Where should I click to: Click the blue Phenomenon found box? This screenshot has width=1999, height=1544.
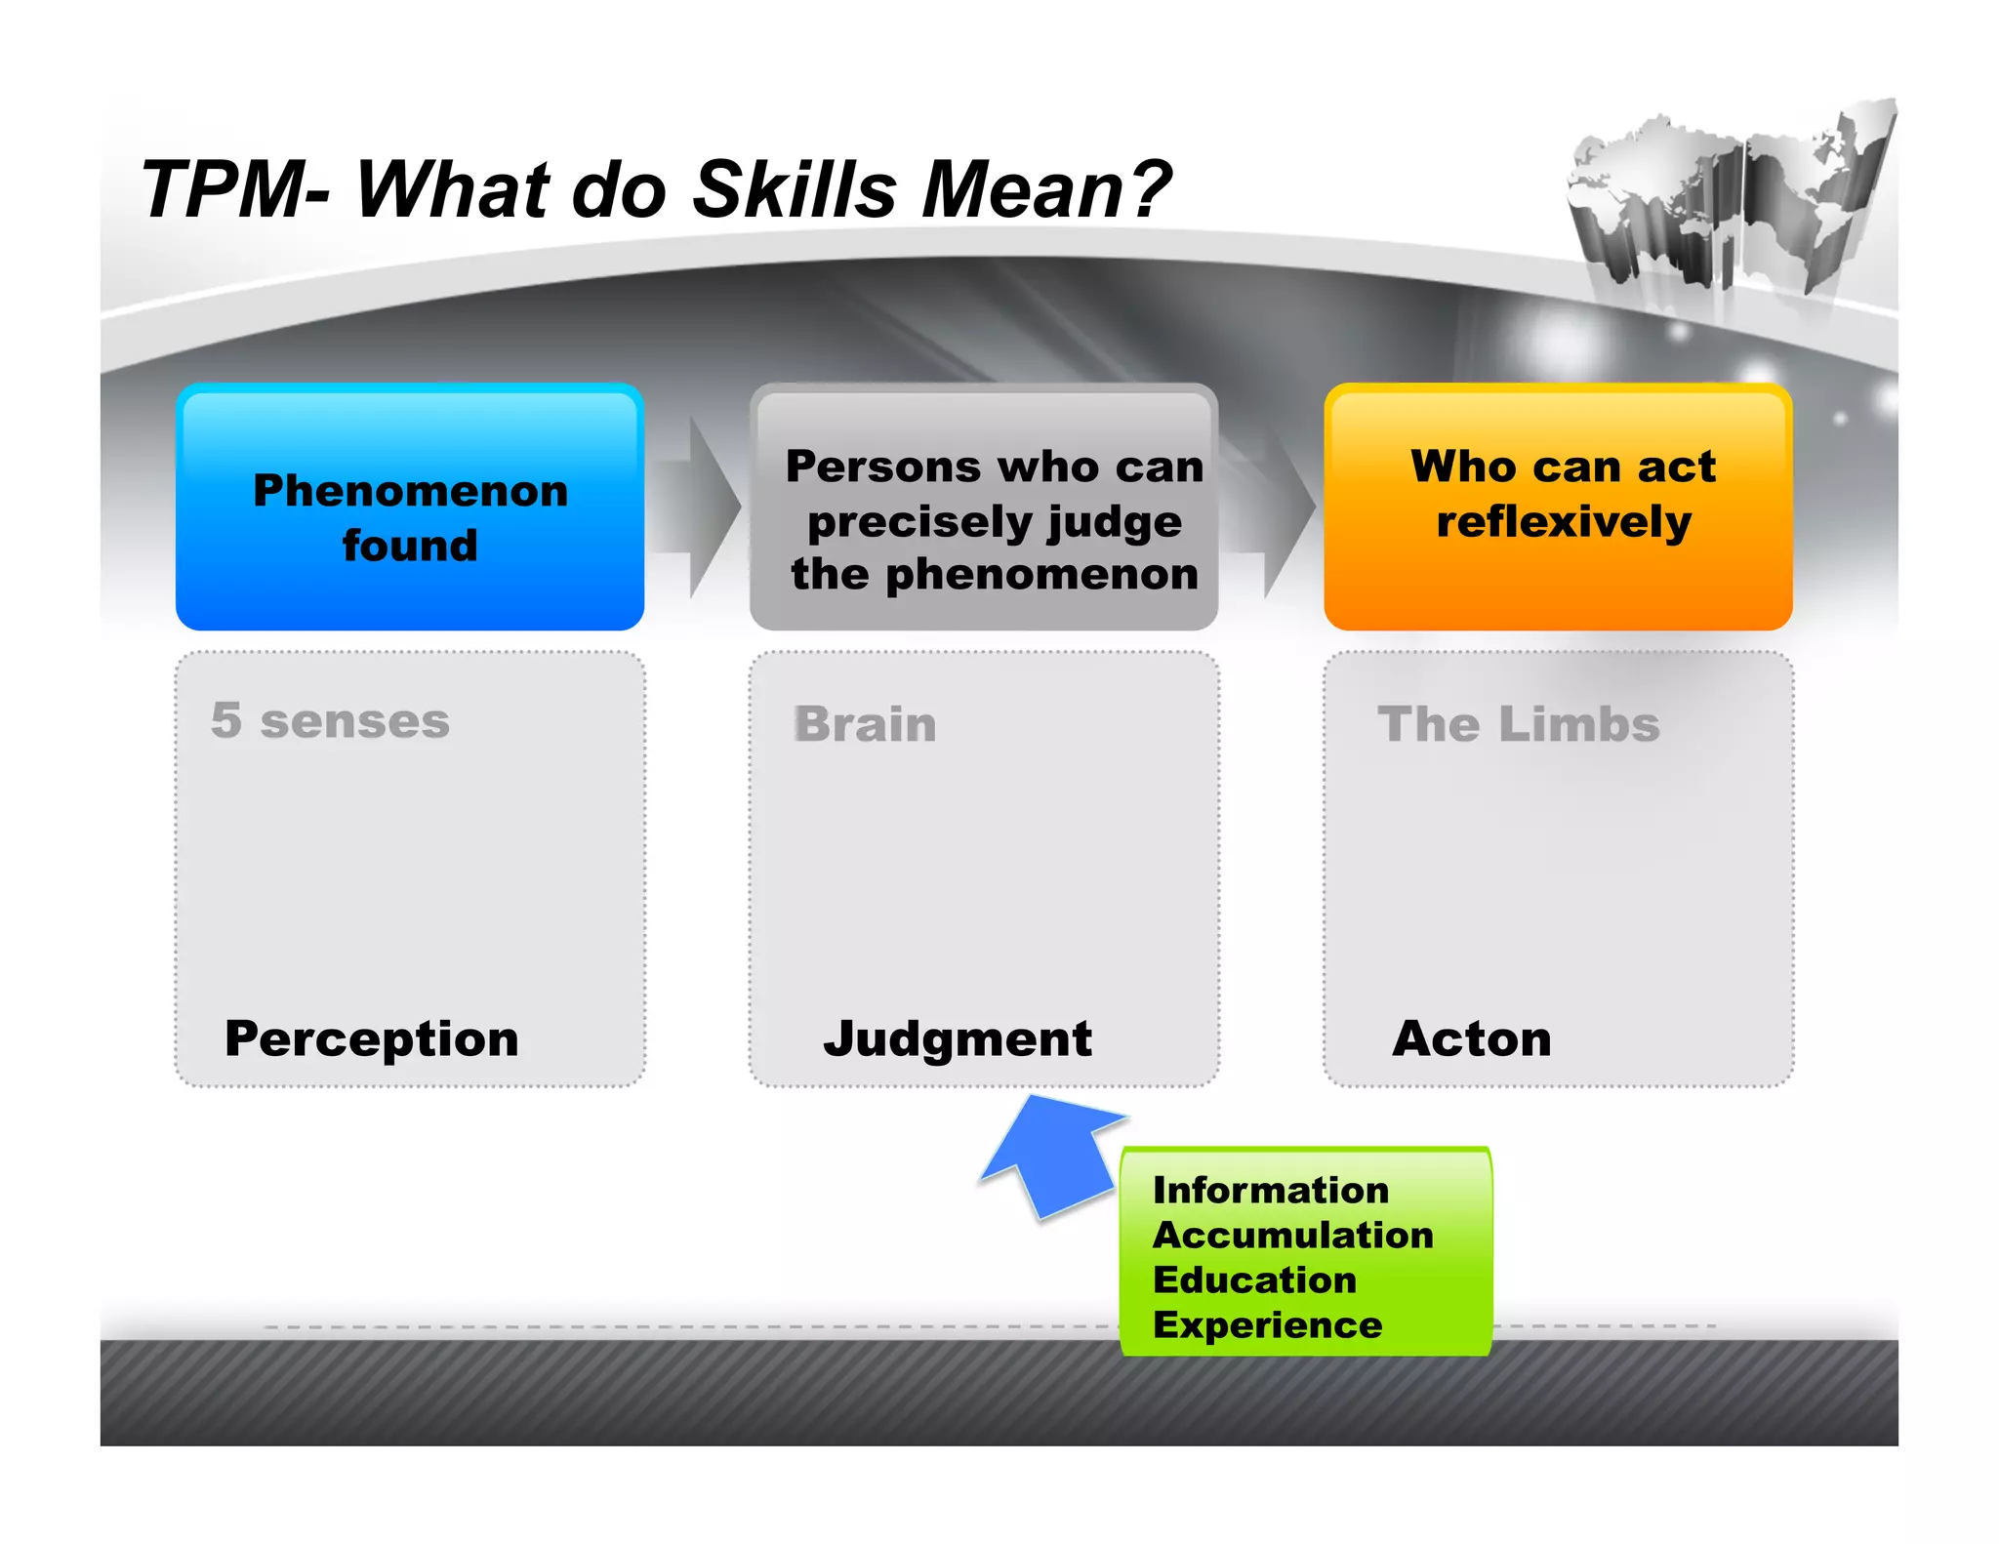click(x=410, y=508)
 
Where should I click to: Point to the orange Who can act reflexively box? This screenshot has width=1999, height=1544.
click(x=1558, y=508)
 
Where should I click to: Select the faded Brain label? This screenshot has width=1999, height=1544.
click(x=865, y=724)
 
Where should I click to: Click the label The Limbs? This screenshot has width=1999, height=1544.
click(x=1518, y=724)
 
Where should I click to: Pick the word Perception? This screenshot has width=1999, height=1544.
click(x=372, y=1038)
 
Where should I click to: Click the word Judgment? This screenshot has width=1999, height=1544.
click(x=958, y=1038)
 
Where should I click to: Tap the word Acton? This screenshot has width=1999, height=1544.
click(x=1472, y=1038)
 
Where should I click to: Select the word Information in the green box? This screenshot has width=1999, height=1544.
click(x=1270, y=1190)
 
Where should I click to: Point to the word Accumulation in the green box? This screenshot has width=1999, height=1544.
click(x=1293, y=1235)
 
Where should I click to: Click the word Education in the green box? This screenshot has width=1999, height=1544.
click(x=1254, y=1280)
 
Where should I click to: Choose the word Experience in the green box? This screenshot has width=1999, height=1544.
click(x=1267, y=1324)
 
